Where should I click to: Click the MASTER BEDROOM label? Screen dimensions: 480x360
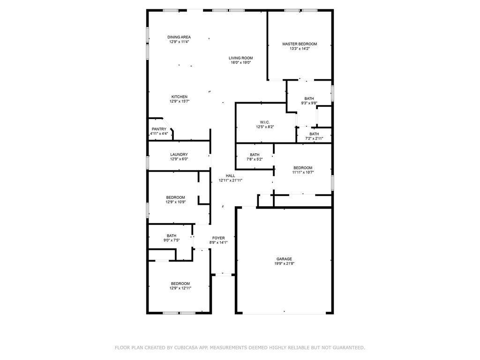pyautogui.click(x=300, y=44)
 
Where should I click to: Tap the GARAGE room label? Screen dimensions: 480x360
pyautogui.click(x=284, y=259)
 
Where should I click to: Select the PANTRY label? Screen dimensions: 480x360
pyautogui.click(x=159, y=129)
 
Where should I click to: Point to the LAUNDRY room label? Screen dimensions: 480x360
pyautogui.click(x=179, y=155)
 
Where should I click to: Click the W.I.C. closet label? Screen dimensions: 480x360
pyautogui.click(x=265, y=122)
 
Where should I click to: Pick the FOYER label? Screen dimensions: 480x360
pyautogui.click(x=218, y=238)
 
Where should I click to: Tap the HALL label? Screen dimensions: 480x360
pyautogui.click(x=231, y=176)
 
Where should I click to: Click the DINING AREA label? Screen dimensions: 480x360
pyautogui.click(x=179, y=37)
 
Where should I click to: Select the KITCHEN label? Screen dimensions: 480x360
pyautogui.click(x=180, y=97)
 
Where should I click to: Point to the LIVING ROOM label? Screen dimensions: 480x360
pyautogui.click(x=241, y=58)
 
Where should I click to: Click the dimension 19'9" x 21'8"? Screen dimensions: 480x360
pyautogui.click(x=285, y=263)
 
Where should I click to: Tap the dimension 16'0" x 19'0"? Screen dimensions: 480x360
pyautogui.click(x=241, y=62)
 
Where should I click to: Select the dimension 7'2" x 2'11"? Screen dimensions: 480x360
pyautogui.click(x=314, y=138)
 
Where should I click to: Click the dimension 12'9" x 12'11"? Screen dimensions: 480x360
pyautogui.click(x=180, y=288)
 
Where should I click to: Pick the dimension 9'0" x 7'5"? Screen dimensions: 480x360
pyautogui.click(x=172, y=240)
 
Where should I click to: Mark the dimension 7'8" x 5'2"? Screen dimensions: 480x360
pyautogui.click(x=255, y=159)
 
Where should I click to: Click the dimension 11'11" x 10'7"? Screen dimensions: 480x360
pyautogui.click(x=303, y=172)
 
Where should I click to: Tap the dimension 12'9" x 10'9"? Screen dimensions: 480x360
pyautogui.click(x=176, y=202)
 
